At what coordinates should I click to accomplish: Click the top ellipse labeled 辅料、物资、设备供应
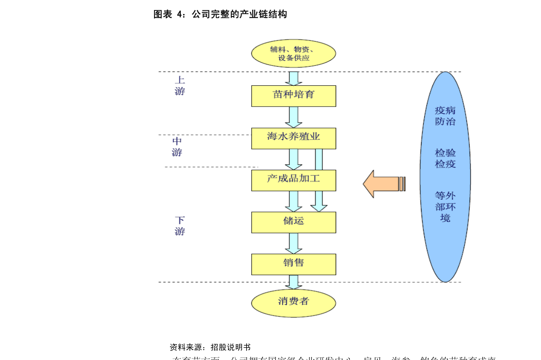coord(293,54)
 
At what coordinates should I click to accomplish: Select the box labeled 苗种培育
coord(293,96)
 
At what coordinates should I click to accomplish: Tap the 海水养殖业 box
coord(293,138)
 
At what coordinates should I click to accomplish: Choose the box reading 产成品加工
coord(293,180)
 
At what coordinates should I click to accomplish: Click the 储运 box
coord(293,222)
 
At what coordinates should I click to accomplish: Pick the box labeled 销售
coord(293,264)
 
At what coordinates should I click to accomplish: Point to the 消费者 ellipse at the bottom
coord(293,302)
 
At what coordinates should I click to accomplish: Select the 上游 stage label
coord(180,85)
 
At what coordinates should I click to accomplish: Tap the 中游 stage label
coord(177,147)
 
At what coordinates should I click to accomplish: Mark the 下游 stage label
coord(180,226)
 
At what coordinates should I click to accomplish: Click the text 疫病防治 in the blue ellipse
coord(445,116)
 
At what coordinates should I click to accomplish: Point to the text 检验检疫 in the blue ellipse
coord(445,158)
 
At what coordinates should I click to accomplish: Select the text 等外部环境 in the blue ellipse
coord(445,207)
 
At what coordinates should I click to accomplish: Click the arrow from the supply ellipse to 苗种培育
coord(293,78)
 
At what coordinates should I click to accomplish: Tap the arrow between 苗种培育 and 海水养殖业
coord(293,117)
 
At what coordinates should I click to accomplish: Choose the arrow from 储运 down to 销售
coord(293,243)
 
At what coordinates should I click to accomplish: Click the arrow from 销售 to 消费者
coord(293,282)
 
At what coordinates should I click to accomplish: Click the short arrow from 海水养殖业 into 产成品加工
coord(293,159)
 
